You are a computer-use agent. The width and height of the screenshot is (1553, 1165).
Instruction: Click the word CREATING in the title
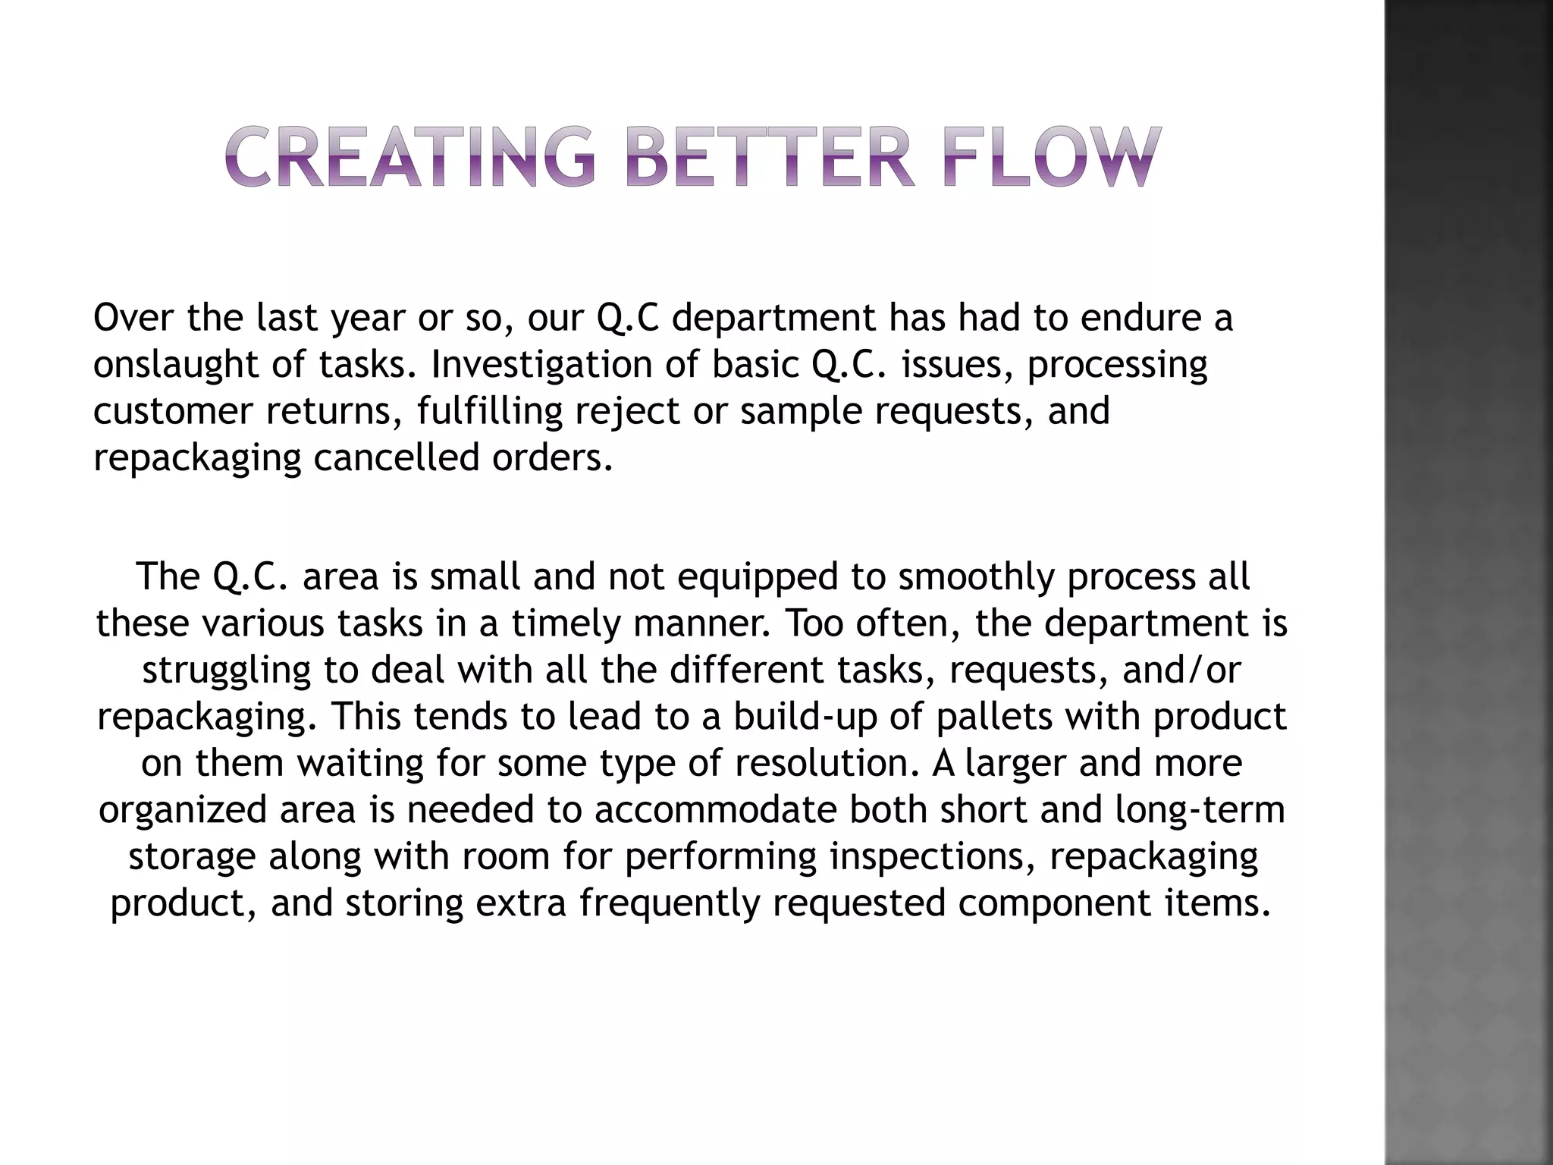409,158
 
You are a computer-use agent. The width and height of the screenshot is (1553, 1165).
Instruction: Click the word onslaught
175,365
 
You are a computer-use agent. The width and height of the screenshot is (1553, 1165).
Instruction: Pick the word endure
1140,318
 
